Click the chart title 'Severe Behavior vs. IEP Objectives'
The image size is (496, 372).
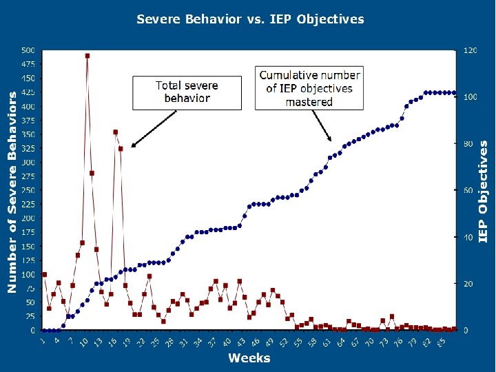pos(250,19)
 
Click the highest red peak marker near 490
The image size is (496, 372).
pos(87,56)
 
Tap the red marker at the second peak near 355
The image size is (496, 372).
pos(116,132)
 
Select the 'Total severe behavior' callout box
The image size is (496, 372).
pos(187,92)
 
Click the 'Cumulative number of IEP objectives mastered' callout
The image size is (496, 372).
pos(309,87)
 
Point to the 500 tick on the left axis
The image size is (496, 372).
pos(28,50)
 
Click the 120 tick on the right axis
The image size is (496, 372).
pos(470,50)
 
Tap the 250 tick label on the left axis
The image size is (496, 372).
pos(28,190)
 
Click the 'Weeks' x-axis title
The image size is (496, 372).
pos(249,358)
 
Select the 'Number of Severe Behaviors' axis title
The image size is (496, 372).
pos(12,192)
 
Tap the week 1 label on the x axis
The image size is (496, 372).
pos(43,338)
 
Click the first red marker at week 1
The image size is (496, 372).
pos(45,274)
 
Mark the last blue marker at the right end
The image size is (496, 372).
pos(454,93)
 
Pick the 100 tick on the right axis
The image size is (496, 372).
pos(470,97)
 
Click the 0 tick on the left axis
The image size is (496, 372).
pos(32,331)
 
